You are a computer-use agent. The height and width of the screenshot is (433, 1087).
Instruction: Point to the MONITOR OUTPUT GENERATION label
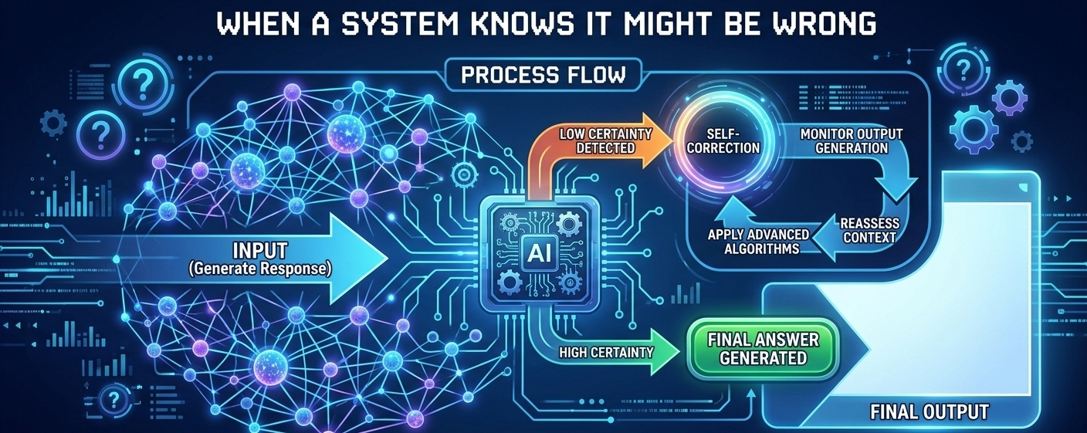[851, 140]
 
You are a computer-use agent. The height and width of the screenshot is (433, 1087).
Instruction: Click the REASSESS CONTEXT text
[869, 230]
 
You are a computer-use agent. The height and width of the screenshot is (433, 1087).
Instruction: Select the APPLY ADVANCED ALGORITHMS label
[758, 241]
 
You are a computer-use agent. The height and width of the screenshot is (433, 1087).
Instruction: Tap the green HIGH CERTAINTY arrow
[609, 352]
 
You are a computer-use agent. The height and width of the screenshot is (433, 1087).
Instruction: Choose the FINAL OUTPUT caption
[929, 412]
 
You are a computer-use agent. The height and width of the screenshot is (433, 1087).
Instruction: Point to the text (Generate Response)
[260, 269]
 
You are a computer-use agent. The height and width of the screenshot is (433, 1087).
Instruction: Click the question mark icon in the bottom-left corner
[115, 400]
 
